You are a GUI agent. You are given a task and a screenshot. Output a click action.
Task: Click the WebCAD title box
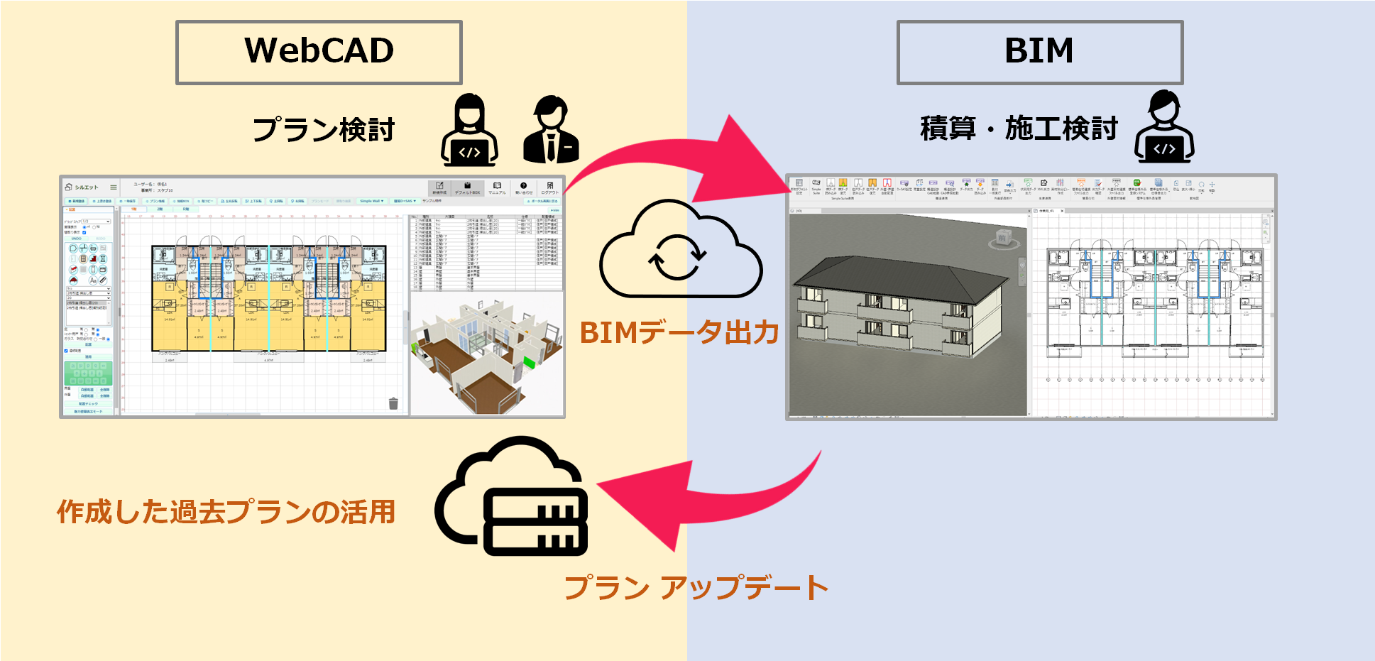[319, 53]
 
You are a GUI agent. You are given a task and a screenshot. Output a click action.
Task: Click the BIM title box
[1039, 53]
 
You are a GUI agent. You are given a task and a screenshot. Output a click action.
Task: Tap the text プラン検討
[323, 130]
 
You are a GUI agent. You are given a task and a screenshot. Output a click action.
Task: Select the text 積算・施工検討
[1019, 129]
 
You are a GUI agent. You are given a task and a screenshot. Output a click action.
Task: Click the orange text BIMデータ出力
[679, 332]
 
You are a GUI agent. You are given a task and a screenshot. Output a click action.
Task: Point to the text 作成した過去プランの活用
[226, 511]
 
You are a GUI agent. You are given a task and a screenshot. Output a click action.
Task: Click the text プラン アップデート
[696, 587]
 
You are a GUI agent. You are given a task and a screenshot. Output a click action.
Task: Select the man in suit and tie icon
[551, 131]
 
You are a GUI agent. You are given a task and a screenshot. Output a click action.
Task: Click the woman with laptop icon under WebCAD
[469, 132]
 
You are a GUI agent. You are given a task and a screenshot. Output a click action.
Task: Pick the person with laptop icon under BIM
[1164, 128]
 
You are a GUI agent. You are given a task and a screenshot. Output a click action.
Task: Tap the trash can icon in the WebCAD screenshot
[393, 403]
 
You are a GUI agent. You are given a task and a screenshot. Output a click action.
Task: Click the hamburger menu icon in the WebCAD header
[113, 187]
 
